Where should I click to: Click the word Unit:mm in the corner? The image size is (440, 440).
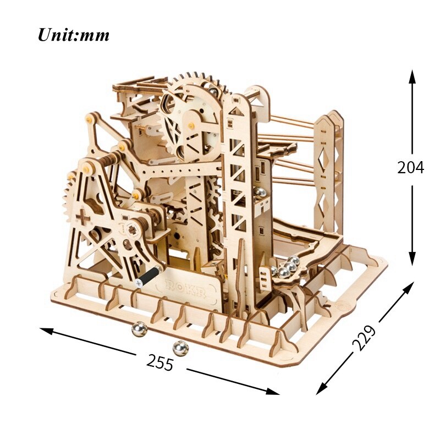pos(73,35)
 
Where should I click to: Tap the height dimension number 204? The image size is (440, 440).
pos(411,167)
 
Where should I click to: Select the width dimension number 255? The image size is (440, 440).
pos(160,362)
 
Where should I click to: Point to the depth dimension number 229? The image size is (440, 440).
pos(364,339)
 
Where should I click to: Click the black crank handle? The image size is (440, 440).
pos(148,274)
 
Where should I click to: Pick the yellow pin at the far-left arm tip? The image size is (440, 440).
pos(90,118)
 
